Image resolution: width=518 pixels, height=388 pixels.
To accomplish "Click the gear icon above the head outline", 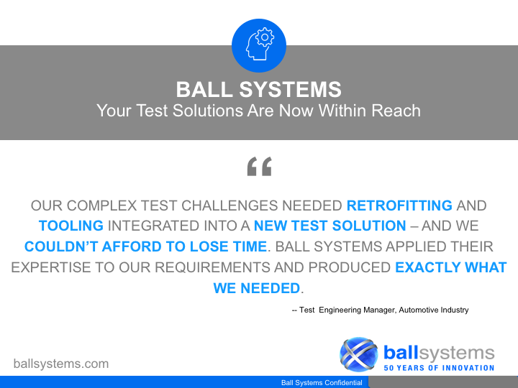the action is (x=265, y=37).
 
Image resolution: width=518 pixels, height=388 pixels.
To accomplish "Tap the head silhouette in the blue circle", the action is (x=257, y=47).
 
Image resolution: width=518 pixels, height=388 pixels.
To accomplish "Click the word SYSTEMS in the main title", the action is (x=290, y=89).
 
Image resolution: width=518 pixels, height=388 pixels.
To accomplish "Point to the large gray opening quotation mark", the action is (x=259, y=166).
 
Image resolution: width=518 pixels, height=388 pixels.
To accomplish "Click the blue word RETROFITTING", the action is (x=399, y=205).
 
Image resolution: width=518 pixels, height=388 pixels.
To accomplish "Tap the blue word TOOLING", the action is (x=71, y=226).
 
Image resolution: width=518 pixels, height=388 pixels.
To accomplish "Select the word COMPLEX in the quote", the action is (x=101, y=205).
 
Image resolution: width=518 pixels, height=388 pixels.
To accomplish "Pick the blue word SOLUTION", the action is (x=369, y=226).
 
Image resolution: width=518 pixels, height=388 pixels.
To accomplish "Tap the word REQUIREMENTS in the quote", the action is (x=212, y=267).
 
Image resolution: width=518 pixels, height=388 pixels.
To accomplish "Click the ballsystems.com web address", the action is (x=61, y=364).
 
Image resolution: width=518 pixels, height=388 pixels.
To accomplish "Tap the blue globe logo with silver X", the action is (x=359, y=354).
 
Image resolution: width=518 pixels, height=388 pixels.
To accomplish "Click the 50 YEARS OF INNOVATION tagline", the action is (x=439, y=368).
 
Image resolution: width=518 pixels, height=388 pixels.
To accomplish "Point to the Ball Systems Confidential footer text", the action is (x=322, y=383).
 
